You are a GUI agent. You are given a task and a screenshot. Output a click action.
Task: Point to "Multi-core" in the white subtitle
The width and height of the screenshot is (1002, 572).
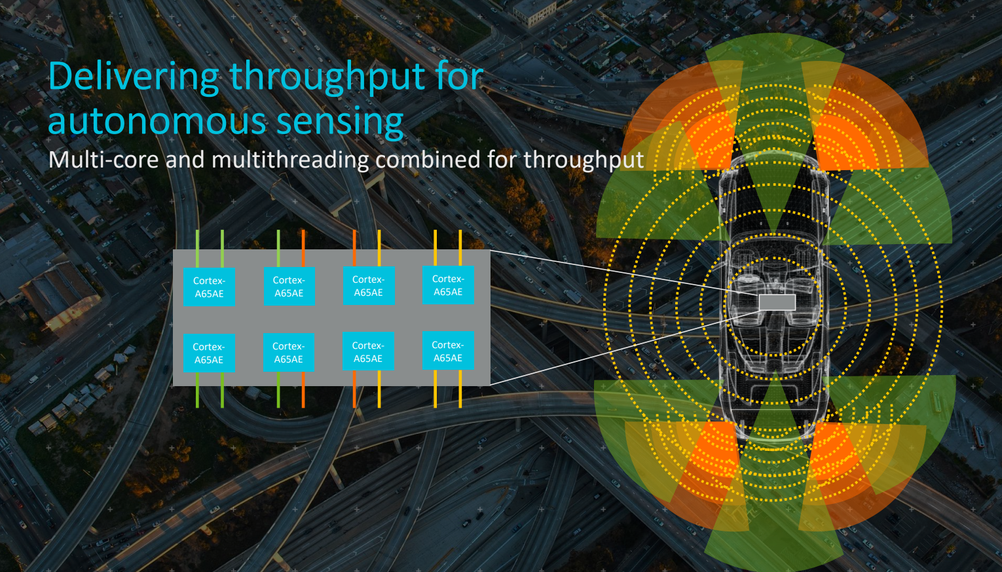(103, 160)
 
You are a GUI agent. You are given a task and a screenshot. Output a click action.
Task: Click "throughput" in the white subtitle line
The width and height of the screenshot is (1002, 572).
(583, 160)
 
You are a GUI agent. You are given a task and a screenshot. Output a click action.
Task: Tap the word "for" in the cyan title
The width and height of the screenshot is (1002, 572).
(458, 77)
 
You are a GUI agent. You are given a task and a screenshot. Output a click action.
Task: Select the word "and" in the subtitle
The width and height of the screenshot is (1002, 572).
(185, 160)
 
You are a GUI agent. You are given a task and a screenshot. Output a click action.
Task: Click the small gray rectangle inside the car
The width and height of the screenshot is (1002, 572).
(777, 302)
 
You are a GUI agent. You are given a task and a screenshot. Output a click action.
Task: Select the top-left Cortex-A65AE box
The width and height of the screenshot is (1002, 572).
(209, 287)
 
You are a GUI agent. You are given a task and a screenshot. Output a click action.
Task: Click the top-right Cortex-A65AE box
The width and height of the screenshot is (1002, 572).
(448, 285)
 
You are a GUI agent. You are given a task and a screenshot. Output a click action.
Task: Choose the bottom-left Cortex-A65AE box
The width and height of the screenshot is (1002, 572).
(209, 353)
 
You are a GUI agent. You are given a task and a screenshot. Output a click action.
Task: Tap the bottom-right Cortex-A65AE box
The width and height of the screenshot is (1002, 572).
(448, 351)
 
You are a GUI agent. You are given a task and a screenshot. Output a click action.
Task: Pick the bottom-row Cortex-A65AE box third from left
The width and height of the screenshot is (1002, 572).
(368, 352)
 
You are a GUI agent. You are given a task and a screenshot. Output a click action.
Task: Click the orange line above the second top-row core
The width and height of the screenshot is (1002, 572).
(303, 248)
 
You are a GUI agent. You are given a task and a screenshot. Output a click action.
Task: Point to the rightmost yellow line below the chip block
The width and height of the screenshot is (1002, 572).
(460, 389)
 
